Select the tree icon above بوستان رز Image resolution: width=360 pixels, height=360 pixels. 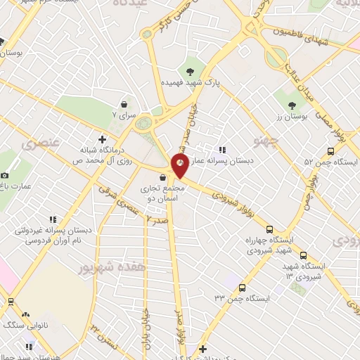292,107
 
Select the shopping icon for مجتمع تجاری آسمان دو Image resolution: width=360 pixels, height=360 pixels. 163,177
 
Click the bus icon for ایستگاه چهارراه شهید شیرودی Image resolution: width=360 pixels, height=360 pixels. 270,229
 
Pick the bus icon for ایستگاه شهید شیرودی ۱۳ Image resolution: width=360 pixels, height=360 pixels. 304,255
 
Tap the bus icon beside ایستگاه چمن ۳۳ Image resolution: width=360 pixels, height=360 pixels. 243,288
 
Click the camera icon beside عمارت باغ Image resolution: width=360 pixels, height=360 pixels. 5,175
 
